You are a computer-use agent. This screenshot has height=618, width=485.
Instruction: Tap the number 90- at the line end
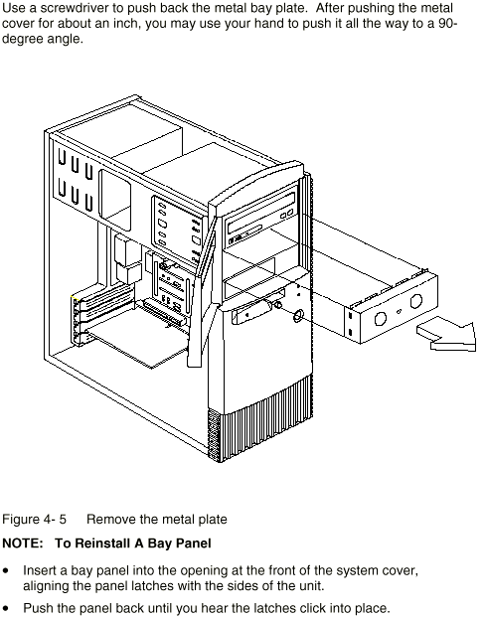pos(447,23)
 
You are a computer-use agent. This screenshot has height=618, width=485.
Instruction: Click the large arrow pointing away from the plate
pos(447,337)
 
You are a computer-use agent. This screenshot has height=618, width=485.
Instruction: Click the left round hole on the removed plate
pos(380,318)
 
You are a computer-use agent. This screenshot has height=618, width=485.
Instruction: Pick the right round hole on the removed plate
pos(415,301)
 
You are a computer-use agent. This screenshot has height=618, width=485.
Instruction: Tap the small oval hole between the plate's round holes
pos(399,311)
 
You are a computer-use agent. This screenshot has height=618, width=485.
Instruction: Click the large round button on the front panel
pos(298,315)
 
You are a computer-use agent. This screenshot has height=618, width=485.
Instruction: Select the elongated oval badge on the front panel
pos(258,306)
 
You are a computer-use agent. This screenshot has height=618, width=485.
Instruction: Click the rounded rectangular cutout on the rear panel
pos(114,200)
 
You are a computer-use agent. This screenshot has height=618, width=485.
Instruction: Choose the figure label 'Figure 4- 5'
pos(35,520)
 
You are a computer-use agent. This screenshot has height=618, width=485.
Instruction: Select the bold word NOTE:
pos(23,543)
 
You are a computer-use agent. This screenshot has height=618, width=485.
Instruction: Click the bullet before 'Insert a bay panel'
pos(5,571)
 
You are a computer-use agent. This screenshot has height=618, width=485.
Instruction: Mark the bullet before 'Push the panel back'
pos(5,608)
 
